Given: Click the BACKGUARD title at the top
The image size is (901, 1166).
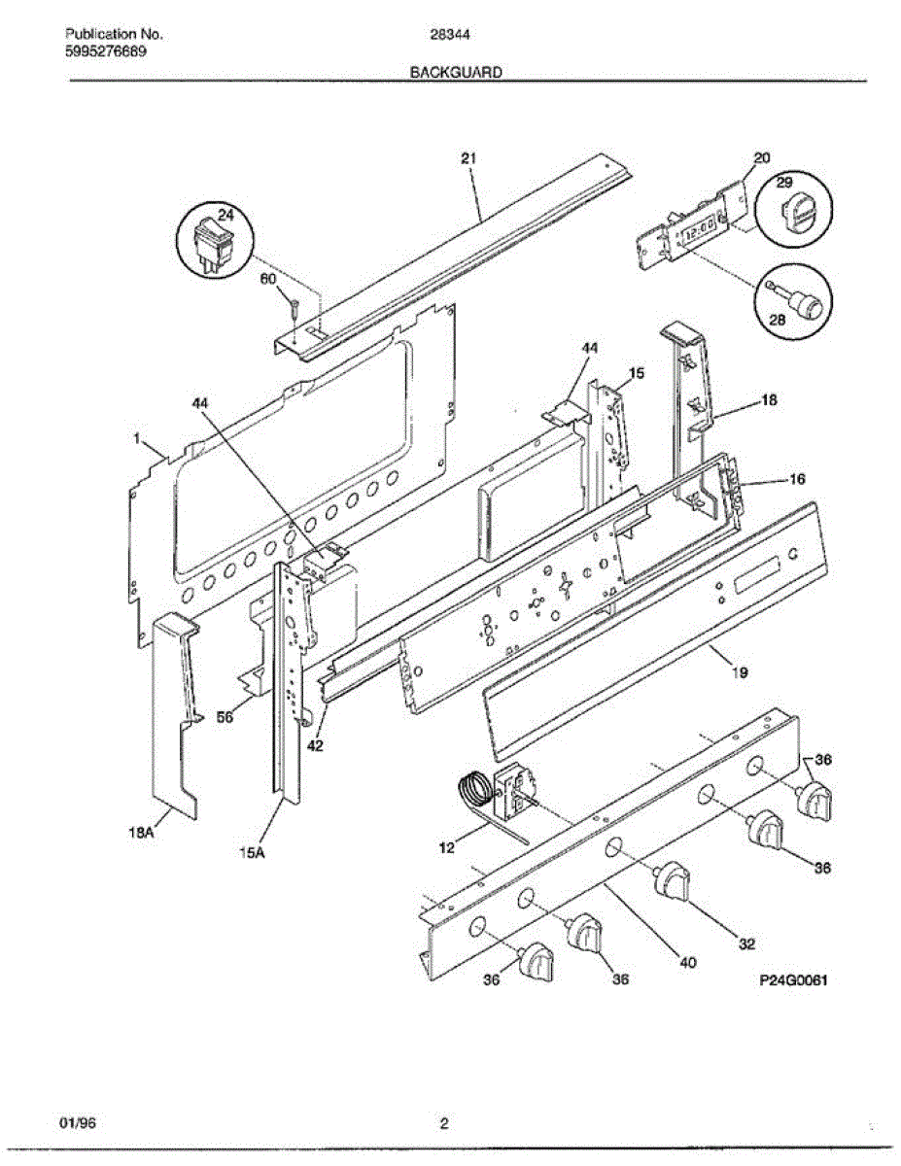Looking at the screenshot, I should click(x=455, y=72).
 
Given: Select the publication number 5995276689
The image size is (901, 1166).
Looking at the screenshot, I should click(x=106, y=51).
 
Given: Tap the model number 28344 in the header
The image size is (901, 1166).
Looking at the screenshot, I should click(x=444, y=34).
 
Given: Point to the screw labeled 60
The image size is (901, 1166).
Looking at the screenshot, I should click(x=293, y=309).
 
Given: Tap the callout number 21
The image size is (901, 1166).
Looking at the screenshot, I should click(x=469, y=158).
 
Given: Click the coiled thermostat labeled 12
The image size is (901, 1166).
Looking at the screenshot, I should click(x=474, y=789).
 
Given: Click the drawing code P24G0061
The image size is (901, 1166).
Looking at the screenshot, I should click(x=792, y=981).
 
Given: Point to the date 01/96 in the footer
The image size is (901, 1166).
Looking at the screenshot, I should click(x=79, y=1125).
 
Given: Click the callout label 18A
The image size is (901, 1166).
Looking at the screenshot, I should click(x=143, y=832).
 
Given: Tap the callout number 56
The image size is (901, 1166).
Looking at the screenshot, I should click(x=225, y=717).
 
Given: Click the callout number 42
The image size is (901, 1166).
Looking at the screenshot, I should click(x=315, y=746).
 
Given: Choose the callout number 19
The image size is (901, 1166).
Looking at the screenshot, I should click(x=740, y=671).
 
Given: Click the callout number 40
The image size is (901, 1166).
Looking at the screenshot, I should click(x=687, y=963).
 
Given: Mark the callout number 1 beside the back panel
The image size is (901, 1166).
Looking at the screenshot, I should click(x=138, y=440).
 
